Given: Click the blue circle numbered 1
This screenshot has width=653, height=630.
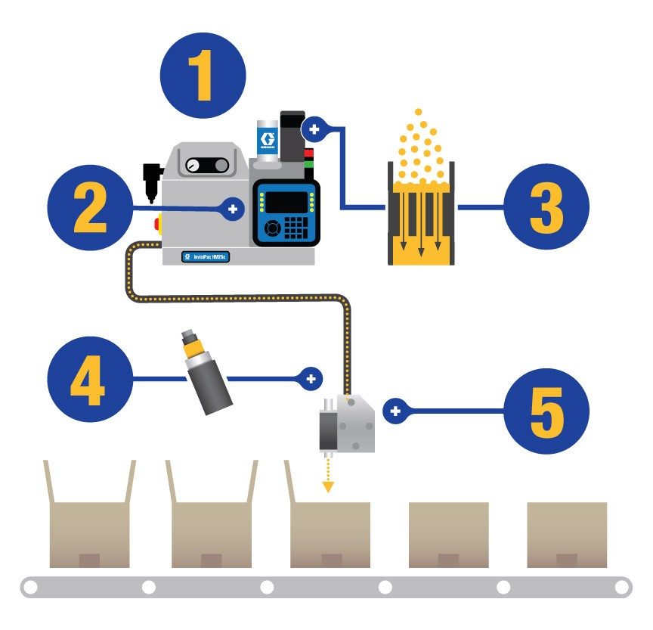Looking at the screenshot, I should pyautogui.click(x=203, y=76).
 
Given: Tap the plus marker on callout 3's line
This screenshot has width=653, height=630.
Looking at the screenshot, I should pyautogui.click(x=314, y=129).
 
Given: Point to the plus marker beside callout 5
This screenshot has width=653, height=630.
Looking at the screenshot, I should pyautogui.click(x=394, y=411).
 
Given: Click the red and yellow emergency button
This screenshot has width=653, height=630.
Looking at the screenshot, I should pyautogui.click(x=159, y=225).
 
